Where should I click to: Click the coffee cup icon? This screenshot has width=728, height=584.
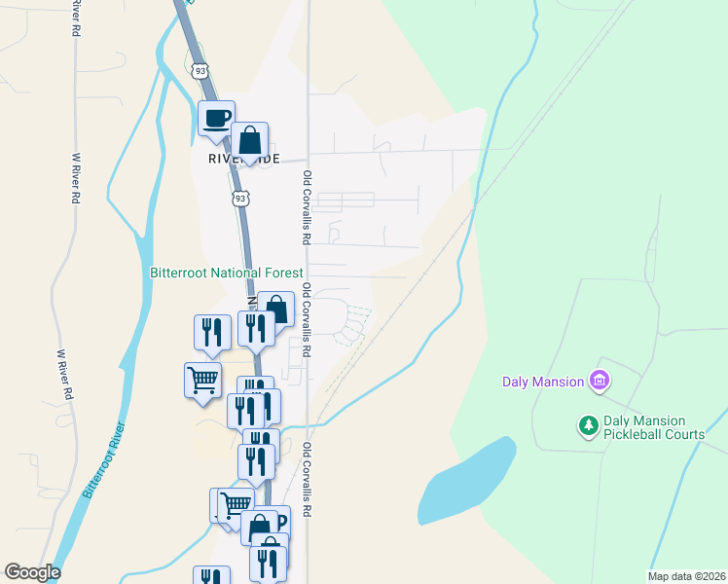click(x=216, y=119)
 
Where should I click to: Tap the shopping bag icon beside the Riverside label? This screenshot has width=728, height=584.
click(x=250, y=140)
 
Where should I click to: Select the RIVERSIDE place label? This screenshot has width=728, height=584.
click(x=243, y=159)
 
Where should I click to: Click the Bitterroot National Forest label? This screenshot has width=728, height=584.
click(x=227, y=274)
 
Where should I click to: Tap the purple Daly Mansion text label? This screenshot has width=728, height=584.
click(x=542, y=382)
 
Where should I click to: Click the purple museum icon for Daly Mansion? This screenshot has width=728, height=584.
click(x=600, y=381)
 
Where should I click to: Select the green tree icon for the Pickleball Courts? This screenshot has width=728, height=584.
click(x=588, y=425)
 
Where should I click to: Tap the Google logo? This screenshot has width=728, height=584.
click(x=33, y=572)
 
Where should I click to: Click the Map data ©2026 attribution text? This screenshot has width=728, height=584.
click(x=685, y=575)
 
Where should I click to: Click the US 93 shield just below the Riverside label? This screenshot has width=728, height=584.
click(x=239, y=199)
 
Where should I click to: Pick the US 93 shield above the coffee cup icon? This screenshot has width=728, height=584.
click(x=200, y=71)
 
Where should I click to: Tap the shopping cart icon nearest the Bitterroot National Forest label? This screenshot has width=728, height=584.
click(x=202, y=380)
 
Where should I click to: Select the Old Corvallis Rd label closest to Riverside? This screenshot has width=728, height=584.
click(x=306, y=207)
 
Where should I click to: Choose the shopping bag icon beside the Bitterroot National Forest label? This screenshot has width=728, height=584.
click(x=276, y=310)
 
